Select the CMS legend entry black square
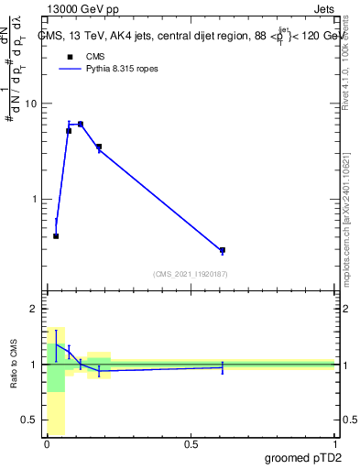tap(69, 57)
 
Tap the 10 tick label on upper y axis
tap(32, 104)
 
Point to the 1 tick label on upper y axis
tap(35, 199)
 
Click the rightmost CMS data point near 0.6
tap(223, 250)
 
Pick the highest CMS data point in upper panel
tap(81, 124)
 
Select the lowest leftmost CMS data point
tap(56, 236)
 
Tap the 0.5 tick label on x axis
tap(191, 444)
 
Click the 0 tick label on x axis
tap(47, 444)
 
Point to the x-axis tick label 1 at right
tap(334, 444)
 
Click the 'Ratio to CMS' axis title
tap(15, 365)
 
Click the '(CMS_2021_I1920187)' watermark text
tap(191, 274)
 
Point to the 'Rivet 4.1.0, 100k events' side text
tap(345, 64)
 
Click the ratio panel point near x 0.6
tap(223, 366)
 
